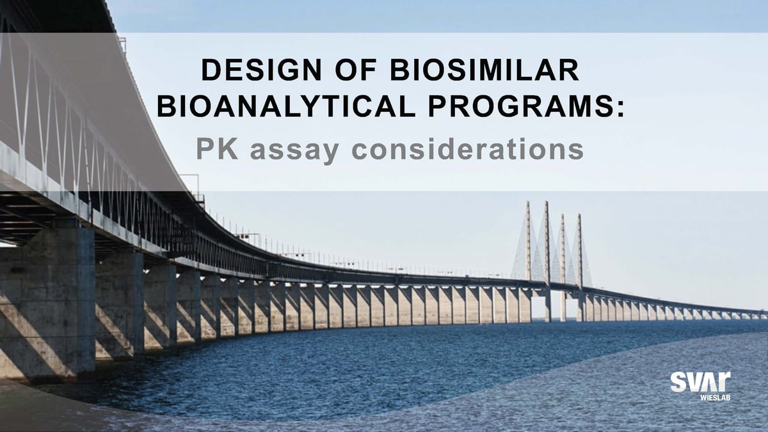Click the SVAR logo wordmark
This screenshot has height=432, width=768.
click(x=700, y=382)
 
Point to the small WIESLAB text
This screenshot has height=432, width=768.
click(x=713, y=397)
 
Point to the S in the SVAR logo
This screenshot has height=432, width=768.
click(x=679, y=382)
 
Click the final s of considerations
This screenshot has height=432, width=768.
click(x=575, y=149)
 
